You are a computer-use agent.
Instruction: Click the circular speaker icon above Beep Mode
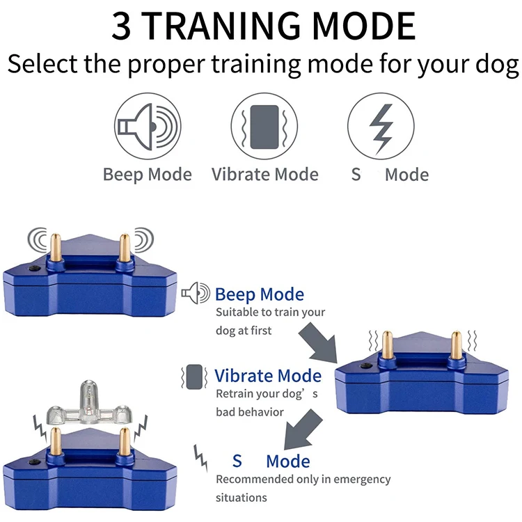click(x=147, y=126)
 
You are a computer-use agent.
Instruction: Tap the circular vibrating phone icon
click(x=264, y=126)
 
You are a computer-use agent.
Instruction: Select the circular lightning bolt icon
click(x=380, y=126)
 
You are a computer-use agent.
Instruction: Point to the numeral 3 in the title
click(x=122, y=26)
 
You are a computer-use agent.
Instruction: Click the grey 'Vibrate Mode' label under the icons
click(x=264, y=174)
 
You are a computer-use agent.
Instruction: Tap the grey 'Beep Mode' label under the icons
click(x=147, y=174)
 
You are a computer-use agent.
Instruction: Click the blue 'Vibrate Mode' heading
click(x=268, y=377)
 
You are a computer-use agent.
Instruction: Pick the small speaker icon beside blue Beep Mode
click(x=195, y=294)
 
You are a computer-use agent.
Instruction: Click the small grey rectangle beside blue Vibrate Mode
click(x=193, y=377)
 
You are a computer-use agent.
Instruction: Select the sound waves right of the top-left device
click(x=143, y=240)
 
